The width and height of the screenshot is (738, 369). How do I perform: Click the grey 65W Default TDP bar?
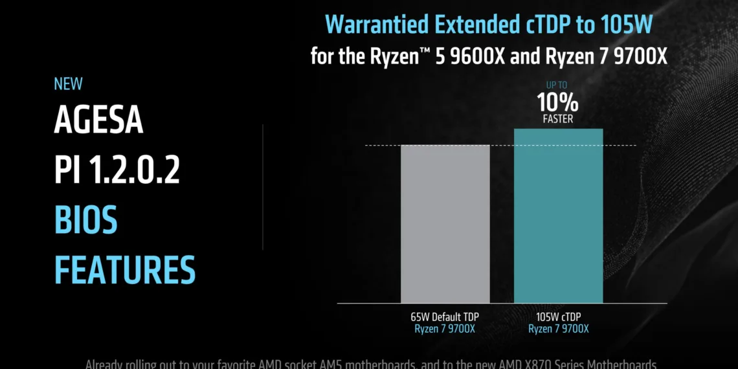pyautogui.click(x=445, y=223)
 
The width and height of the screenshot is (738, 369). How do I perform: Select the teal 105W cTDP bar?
pyautogui.click(x=558, y=216)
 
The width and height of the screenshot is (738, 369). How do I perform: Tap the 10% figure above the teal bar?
pyautogui.click(x=557, y=102)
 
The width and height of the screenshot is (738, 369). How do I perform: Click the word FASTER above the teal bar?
pyautogui.click(x=557, y=119)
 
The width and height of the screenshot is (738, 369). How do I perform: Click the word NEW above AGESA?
pyautogui.click(x=68, y=84)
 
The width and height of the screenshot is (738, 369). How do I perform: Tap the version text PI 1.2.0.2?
pyautogui.click(x=117, y=170)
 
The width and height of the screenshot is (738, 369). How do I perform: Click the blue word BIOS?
pyautogui.click(x=85, y=221)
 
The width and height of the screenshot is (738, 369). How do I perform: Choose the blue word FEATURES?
pyautogui.click(x=124, y=270)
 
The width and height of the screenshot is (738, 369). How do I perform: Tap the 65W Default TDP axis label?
pyautogui.click(x=445, y=317)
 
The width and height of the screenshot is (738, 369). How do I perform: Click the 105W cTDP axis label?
pyautogui.click(x=558, y=317)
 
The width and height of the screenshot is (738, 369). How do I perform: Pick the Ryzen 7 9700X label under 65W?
pyautogui.click(x=445, y=329)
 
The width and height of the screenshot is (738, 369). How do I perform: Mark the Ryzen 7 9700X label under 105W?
pyautogui.click(x=558, y=329)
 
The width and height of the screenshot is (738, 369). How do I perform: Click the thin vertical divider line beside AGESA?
pyautogui.click(x=263, y=187)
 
